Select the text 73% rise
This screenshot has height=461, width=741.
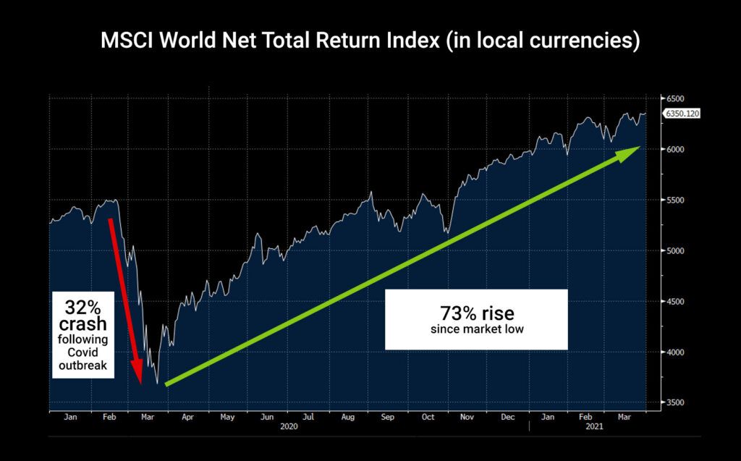[475, 315]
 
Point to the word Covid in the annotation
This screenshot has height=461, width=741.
[82, 352]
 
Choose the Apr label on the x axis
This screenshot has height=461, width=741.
[187, 417]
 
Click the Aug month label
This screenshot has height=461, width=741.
[347, 417]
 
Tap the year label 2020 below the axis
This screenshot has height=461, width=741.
[289, 427]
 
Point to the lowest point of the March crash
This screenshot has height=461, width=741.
[157, 384]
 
